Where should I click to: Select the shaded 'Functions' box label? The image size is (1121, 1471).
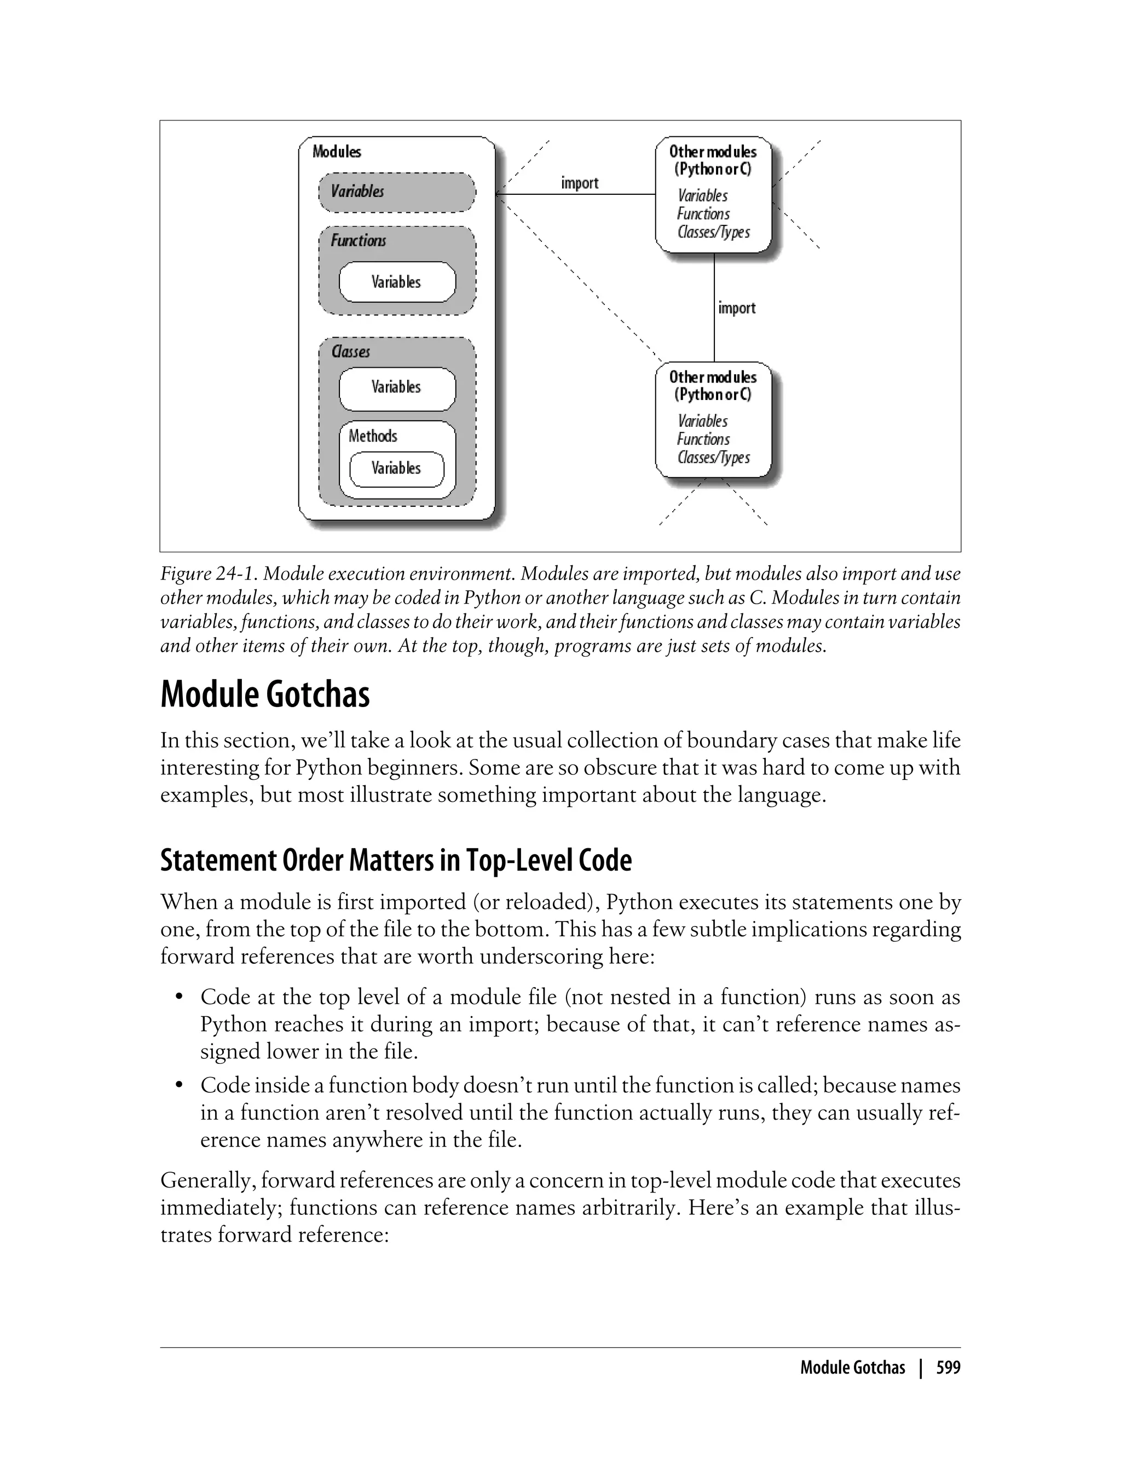[359, 240]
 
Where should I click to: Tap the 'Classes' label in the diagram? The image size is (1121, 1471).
[350, 351]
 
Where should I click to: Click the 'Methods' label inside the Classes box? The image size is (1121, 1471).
[372, 436]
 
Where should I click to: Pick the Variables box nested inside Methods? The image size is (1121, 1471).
[396, 468]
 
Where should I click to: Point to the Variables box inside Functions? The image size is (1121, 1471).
[396, 282]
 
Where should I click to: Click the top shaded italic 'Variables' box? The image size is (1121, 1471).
[396, 192]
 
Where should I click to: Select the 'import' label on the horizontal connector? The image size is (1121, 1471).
[579, 183]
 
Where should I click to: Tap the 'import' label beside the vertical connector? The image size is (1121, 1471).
[737, 308]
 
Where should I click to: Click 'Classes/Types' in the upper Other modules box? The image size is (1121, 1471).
[713, 232]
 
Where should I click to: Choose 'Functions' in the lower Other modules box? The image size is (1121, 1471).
[703, 439]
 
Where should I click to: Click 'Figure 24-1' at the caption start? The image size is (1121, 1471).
[207, 574]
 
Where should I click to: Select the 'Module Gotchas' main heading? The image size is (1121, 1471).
[265, 694]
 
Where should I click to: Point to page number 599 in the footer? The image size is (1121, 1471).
[947, 1368]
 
